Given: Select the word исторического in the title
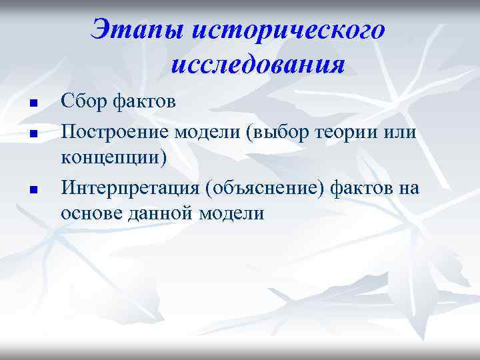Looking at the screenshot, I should coord(287,30).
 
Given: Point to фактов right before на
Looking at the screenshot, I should coord(365,188).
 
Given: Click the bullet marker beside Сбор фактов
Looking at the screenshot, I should coord(31,104).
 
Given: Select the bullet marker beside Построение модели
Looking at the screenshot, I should coord(31,133).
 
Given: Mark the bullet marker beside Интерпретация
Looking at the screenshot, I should coord(31,190).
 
